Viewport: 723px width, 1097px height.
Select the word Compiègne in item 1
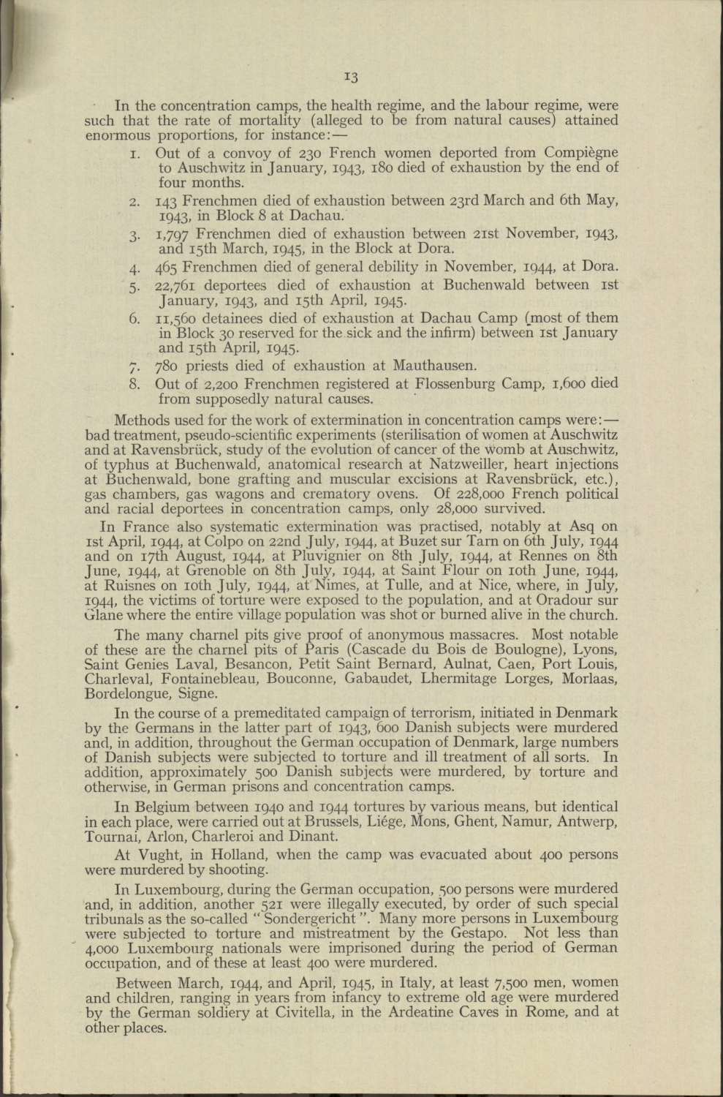(581, 154)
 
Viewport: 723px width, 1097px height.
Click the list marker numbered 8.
(134, 383)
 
